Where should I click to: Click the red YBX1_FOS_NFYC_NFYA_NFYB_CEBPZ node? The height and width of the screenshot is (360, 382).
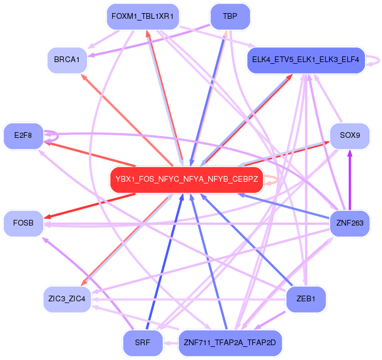click(x=186, y=179)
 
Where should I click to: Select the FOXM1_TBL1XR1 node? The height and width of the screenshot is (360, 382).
click(x=142, y=17)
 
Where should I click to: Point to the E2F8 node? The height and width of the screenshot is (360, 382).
click(x=23, y=136)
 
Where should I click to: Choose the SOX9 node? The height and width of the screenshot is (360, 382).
click(x=350, y=136)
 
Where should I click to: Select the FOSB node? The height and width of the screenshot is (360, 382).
click(x=23, y=223)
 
